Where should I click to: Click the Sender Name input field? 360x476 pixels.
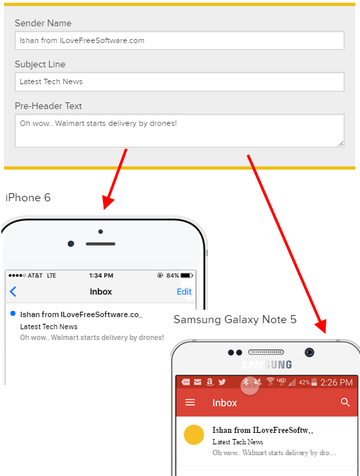pyautogui.click(x=180, y=40)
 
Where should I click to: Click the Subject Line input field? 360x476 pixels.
pyautogui.click(x=180, y=81)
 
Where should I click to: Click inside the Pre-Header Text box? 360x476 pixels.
pyautogui.click(x=180, y=131)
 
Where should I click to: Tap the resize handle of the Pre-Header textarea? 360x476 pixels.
pyautogui.click(x=341, y=144)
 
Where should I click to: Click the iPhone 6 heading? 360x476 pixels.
pyautogui.click(x=28, y=198)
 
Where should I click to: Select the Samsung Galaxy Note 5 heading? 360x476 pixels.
pyautogui.click(x=235, y=320)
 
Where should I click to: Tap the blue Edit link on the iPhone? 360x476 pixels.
pyautogui.click(x=184, y=292)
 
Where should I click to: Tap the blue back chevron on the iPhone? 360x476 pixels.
pyautogui.click(x=13, y=292)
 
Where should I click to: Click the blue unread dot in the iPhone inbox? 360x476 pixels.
pyautogui.click(x=13, y=314)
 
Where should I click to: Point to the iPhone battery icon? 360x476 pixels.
pyautogui.click(x=186, y=275)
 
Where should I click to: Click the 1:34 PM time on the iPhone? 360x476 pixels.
pyautogui.click(x=101, y=275)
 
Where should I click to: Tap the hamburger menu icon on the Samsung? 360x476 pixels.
pyautogui.click(x=190, y=403)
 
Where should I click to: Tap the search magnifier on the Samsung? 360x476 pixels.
pyautogui.click(x=345, y=403)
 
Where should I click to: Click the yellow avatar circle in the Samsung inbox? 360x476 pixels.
pyautogui.click(x=194, y=435)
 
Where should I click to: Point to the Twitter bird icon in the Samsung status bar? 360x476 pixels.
pyautogui.click(x=222, y=382)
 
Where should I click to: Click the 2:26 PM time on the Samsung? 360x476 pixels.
pyautogui.click(x=336, y=382)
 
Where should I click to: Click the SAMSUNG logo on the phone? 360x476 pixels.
pyautogui.click(x=267, y=365)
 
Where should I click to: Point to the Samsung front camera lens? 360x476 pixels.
pyautogui.click(x=310, y=352)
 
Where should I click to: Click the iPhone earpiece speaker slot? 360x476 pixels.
pyautogui.click(x=100, y=244)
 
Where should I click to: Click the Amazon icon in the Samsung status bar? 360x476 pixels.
pyautogui.click(x=209, y=382)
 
